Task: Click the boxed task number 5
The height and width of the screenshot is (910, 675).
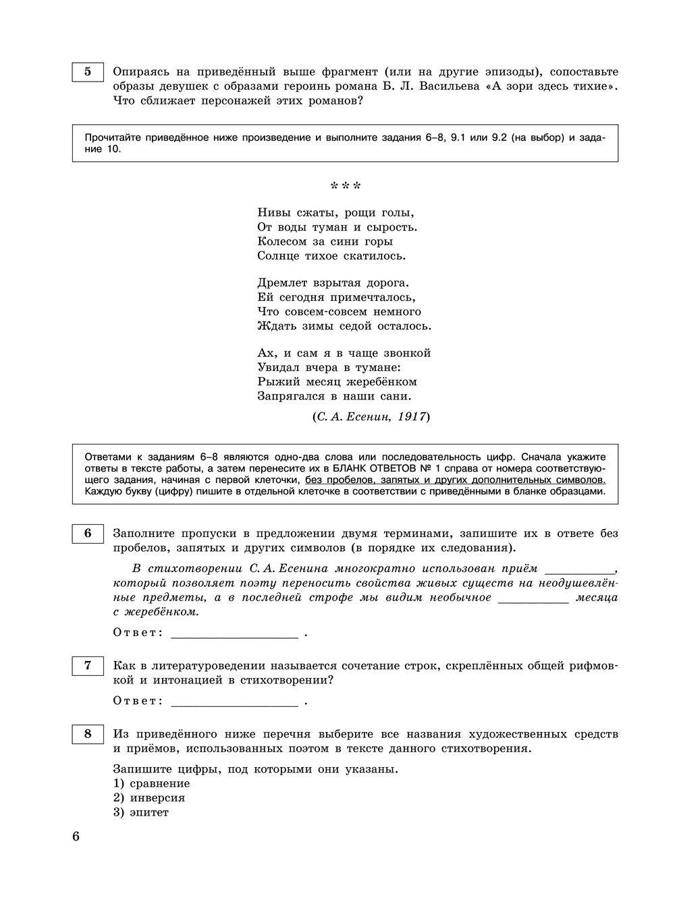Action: click(88, 72)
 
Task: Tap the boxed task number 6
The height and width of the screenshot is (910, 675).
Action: click(88, 533)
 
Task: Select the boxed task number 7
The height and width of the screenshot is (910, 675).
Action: click(88, 665)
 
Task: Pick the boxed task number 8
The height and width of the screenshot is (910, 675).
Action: click(88, 734)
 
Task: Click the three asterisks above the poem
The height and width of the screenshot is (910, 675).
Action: click(346, 186)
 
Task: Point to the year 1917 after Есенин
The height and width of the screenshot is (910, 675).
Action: click(411, 417)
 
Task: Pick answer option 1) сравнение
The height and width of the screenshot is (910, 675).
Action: click(152, 783)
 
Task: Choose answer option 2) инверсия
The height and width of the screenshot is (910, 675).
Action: click(149, 797)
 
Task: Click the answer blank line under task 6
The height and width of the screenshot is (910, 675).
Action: click(234, 634)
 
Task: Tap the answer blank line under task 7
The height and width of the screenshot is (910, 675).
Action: click(234, 702)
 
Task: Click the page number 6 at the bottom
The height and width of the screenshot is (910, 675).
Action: click(76, 837)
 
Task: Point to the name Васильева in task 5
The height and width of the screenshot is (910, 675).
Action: click(446, 86)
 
